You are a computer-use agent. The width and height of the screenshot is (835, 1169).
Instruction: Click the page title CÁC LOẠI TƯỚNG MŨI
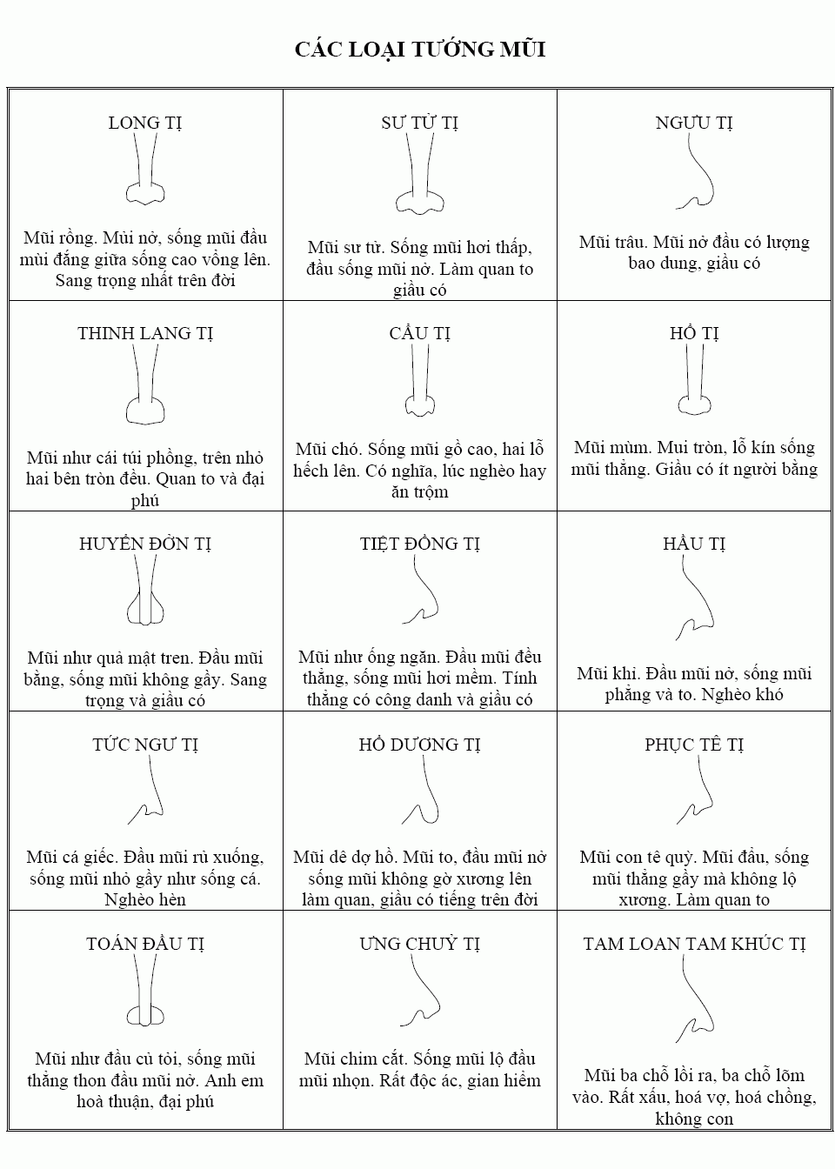[419, 50]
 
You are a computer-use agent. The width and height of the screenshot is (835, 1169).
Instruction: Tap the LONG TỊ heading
[145, 123]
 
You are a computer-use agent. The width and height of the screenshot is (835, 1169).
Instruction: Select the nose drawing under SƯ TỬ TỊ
[419, 178]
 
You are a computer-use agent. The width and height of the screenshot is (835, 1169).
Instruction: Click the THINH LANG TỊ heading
[145, 333]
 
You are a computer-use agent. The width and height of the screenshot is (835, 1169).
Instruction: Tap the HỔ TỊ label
[694, 333]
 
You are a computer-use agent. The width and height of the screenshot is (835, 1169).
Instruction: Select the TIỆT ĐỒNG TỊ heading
[419, 544]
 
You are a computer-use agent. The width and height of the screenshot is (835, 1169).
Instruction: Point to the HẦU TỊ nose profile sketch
[696, 600]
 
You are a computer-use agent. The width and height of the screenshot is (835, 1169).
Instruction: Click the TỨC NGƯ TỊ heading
[145, 745]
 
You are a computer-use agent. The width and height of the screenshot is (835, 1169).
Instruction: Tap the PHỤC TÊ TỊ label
[694, 745]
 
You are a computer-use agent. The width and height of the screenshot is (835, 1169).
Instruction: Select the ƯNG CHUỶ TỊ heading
[419, 944]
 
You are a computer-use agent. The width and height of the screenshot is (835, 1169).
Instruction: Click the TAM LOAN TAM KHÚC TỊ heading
[694, 944]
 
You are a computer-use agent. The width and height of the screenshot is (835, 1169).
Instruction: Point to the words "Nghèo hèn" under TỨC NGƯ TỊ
[145, 899]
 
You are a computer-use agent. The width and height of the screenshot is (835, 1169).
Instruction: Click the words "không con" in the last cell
[694, 1119]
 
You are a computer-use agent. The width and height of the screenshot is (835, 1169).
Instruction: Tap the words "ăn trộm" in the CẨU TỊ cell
[419, 491]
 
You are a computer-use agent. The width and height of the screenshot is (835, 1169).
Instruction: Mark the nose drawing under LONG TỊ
[145, 174]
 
